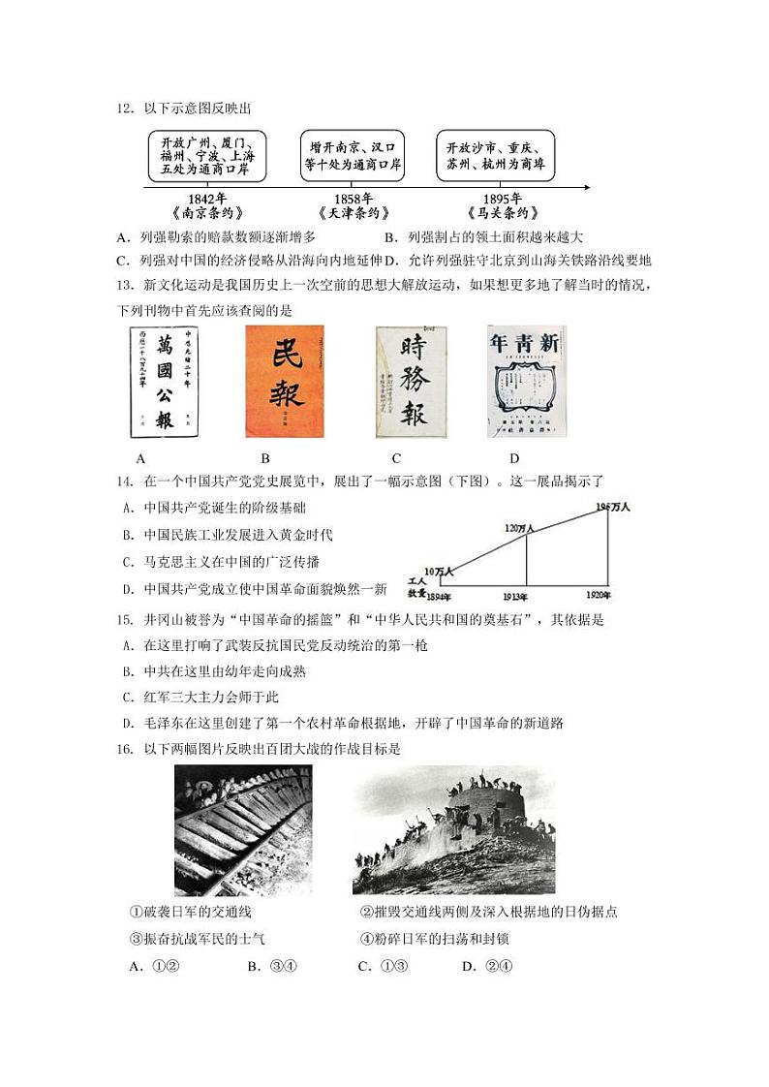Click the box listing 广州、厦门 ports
coord(203,155)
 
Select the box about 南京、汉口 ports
coord(353,155)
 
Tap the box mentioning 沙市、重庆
coord(496,155)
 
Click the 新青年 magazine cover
coord(526,382)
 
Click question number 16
coord(123,748)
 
